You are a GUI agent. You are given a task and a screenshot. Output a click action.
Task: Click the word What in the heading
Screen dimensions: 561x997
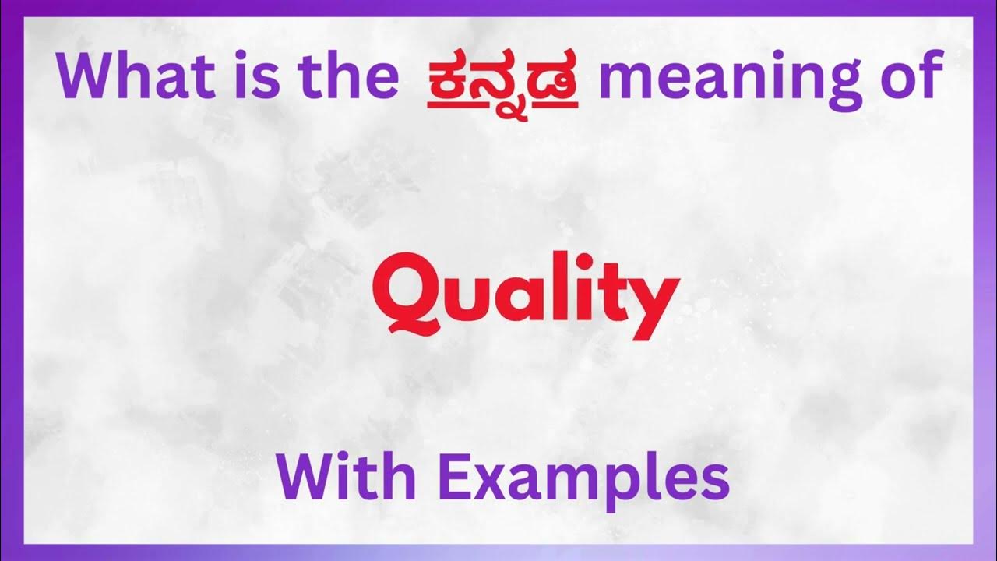coord(136,76)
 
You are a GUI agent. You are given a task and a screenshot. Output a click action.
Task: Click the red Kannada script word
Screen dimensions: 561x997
coord(503,78)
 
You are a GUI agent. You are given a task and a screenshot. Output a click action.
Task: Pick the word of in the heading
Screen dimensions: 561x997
coord(907,76)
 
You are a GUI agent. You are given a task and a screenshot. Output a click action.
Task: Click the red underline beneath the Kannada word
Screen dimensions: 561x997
coord(503,104)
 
